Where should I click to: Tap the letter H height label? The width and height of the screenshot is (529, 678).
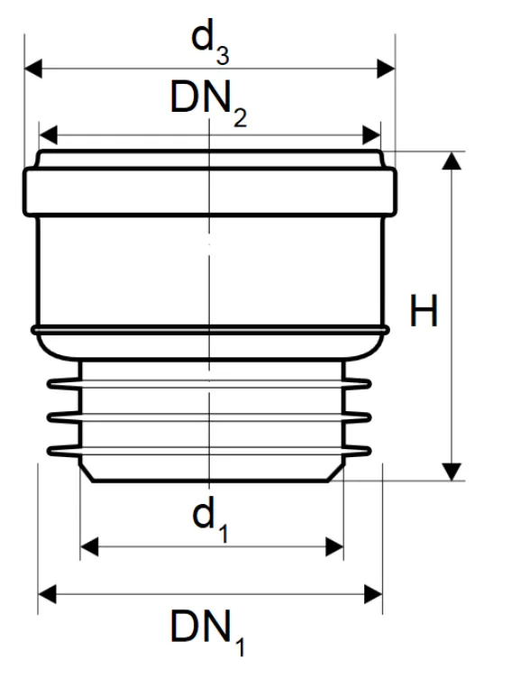[424, 310]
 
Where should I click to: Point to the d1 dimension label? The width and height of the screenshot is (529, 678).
[210, 520]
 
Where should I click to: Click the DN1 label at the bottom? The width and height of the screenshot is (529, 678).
[208, 632]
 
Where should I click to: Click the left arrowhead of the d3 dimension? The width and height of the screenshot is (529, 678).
[33, 69]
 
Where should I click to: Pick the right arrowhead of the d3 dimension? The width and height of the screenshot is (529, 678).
[386, 69]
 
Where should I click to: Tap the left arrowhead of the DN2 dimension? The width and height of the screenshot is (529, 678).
[48, 135]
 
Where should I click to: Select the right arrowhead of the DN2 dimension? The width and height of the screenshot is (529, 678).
[371, 135]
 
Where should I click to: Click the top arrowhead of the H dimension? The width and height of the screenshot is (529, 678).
[451, 160]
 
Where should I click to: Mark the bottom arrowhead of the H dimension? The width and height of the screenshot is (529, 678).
[451, 472]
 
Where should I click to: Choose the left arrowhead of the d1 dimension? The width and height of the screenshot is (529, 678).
[89, 547]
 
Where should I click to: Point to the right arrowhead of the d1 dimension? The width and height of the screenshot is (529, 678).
[334, 547]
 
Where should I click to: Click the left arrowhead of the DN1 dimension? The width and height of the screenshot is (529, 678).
[47, 594]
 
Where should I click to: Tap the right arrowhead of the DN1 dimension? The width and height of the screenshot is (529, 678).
[373, 594]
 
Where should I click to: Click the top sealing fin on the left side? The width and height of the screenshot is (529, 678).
[63, 383]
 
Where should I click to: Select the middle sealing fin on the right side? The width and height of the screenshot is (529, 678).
[358, 417]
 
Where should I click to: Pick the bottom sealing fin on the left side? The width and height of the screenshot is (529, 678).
[63, 452]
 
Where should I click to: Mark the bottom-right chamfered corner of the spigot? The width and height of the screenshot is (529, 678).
[337, 472]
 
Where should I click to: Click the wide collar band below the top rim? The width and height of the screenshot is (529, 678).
[210, 191]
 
